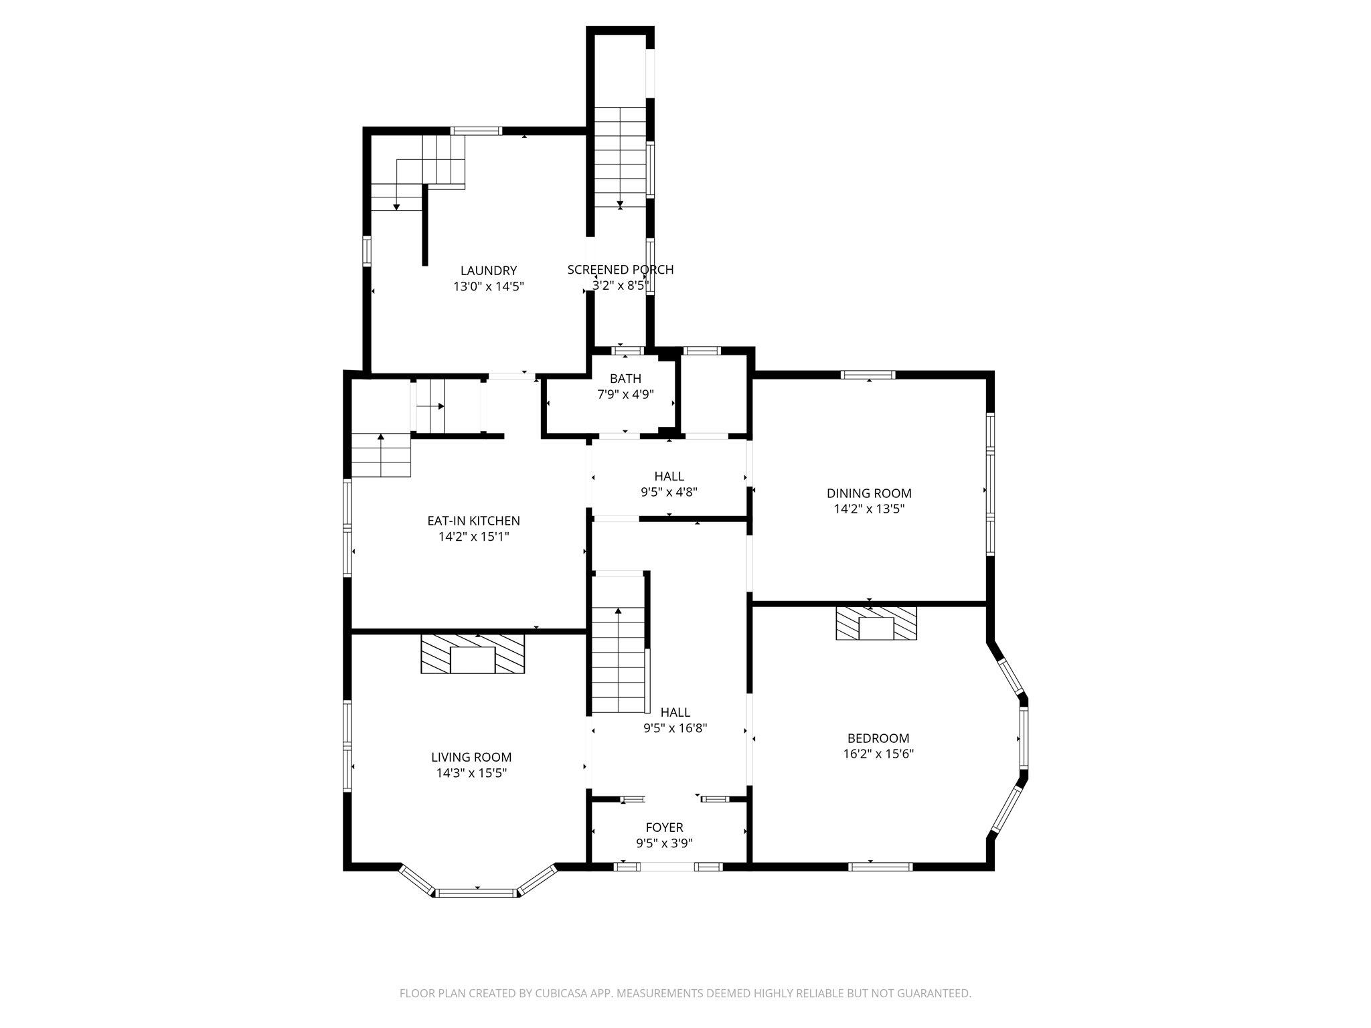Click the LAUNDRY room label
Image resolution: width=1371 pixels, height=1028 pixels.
click(489, 271)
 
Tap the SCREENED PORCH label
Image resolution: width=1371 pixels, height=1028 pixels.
click(621, 270)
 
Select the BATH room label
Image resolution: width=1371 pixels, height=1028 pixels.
click(625, 379)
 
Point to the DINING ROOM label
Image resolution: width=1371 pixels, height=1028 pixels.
click(869, 493)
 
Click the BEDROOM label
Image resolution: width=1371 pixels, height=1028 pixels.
click(878, 738)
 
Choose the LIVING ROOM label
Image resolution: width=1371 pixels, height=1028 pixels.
click(471, 757)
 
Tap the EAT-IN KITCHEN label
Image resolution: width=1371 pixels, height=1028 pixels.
click(473, 521)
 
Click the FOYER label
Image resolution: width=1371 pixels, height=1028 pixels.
click(664, 828)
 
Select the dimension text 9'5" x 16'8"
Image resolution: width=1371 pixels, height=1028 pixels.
click(675, 728)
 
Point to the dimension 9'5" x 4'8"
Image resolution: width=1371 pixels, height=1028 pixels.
click(669, 492)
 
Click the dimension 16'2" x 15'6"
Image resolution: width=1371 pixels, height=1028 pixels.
click(878, 754)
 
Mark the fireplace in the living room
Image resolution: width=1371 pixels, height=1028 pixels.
click(473, 654)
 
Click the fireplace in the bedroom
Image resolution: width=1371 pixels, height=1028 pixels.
click(876, 623)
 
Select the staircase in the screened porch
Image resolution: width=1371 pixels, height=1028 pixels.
click(621, 157)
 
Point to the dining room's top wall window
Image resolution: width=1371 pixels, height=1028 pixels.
click(868, 375)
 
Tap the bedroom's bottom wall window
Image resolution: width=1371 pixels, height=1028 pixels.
click(880, 867)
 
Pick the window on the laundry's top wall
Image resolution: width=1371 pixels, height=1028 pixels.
click(476, 131)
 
